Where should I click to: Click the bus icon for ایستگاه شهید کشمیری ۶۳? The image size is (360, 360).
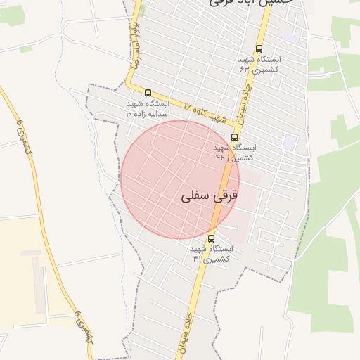259,49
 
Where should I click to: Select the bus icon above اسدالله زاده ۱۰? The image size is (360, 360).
148,93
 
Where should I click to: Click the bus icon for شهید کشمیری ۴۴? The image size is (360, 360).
234,137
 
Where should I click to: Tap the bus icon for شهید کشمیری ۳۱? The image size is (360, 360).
211,238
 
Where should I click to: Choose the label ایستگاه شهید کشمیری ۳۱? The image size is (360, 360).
211,254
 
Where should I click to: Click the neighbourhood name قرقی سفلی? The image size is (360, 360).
210,195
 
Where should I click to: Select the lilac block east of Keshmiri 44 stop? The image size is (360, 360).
290,141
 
